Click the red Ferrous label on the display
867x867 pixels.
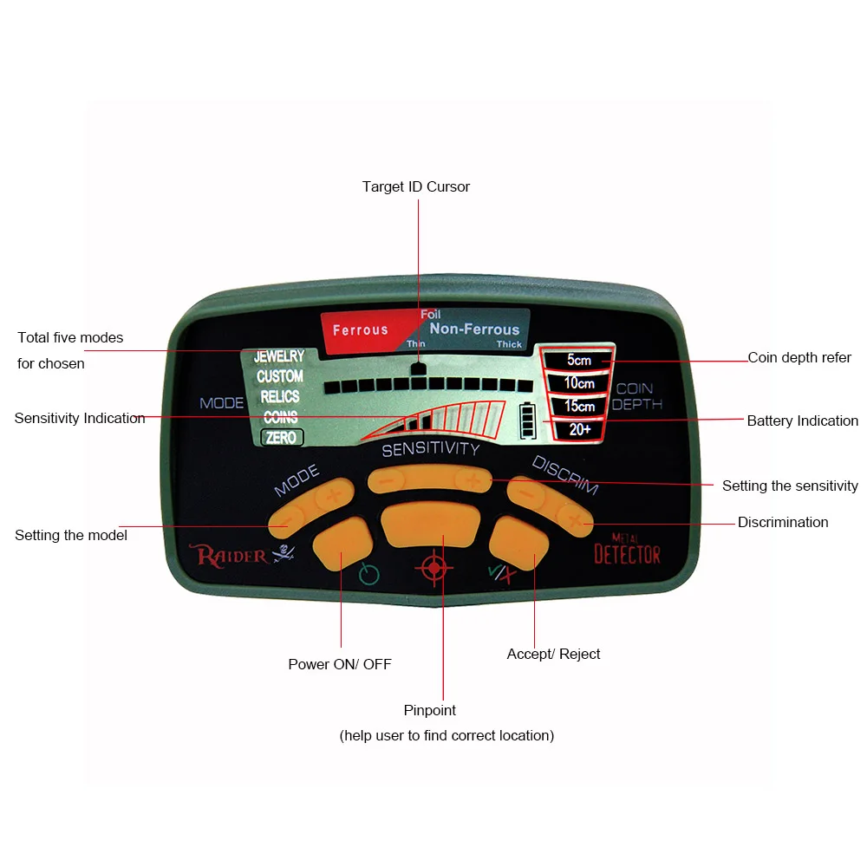[x=361, y=330]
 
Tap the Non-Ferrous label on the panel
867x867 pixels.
[x=474, y=329]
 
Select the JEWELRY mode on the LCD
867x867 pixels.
[x=279, y=356]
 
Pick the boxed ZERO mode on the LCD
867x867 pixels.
[x=282, y=437]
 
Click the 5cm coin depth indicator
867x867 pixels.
[x=579, y=360]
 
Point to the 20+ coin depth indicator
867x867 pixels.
[x=579, y=430]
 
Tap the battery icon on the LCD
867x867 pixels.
[x=527, y=420]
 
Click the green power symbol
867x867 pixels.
[x=368, y=574]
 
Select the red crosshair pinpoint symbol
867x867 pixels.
[x=434, y=567]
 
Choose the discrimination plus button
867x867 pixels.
[x=574, y=519]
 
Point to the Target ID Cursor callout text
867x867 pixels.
[x=416, y=187]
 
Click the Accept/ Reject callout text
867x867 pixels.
[x=553, y=654]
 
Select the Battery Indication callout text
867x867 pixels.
[x=802, y=420]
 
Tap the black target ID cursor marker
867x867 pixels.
[x=419, y=368]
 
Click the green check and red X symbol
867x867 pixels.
[x=502, y=574]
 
